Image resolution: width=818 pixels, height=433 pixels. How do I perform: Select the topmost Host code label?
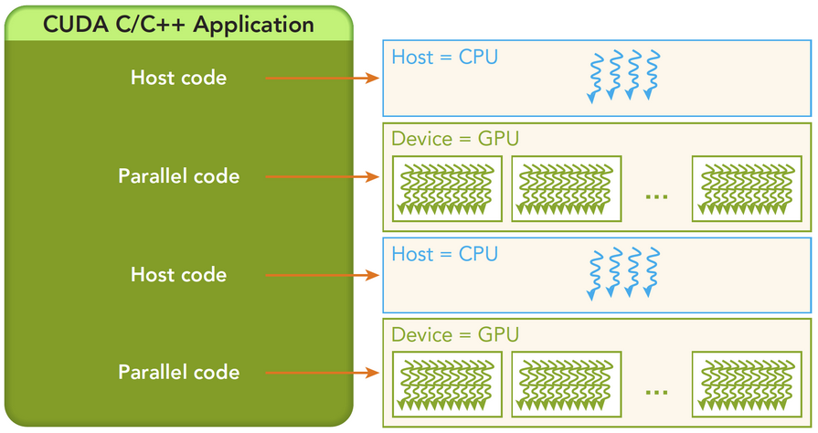178,78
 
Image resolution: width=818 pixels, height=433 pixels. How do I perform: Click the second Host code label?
178,275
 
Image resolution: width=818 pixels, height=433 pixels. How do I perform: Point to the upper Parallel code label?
178,176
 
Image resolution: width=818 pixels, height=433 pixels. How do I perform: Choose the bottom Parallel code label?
178,373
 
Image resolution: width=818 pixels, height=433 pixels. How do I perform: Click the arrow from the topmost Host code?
322,79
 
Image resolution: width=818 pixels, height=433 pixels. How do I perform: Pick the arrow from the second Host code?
322,275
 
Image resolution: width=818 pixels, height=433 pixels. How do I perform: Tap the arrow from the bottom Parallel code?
322,373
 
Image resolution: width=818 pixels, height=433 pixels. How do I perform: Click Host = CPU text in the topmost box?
444,57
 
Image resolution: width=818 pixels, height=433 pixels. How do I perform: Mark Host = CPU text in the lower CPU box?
444,253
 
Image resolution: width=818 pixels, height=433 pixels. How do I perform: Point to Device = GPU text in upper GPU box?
455,139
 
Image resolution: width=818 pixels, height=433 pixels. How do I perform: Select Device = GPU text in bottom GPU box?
455,335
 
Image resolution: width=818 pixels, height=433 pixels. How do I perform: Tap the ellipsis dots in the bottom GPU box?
655,392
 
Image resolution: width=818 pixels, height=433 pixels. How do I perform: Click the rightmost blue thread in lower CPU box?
653,272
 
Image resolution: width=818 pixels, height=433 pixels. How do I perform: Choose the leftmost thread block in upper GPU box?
448,188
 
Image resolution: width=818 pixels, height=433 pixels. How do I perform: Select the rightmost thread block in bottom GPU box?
747,385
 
